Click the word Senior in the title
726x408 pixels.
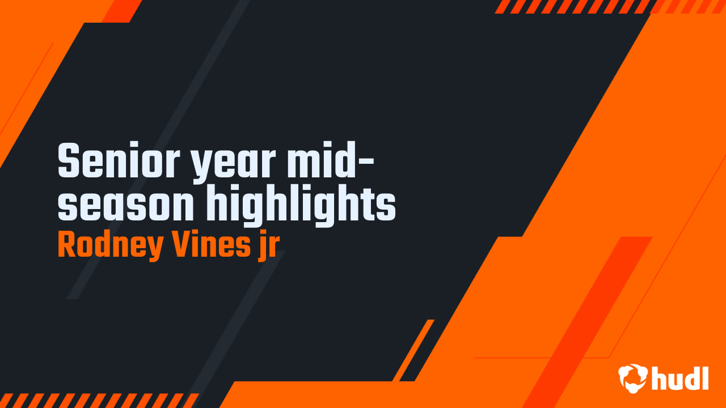(119, 160)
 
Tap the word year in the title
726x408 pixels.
(233, 164)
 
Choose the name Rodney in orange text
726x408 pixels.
(110, 246)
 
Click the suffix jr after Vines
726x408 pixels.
(268, 246)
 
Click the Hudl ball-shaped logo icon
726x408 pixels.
(633, 378)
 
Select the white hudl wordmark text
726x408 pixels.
(680, 378)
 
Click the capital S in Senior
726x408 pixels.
(69, 160)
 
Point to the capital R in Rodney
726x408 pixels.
(67, 244)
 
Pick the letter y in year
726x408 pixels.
(201, 166)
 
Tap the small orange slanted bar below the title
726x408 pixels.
(413, 350)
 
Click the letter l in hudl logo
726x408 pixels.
(705, 378)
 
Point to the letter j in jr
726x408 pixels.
(261, 246)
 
